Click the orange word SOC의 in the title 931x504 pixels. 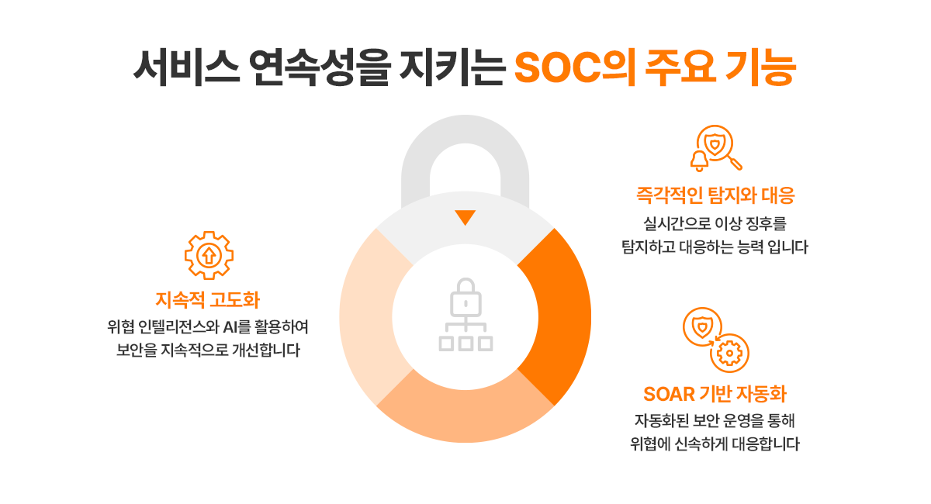pos(574,67)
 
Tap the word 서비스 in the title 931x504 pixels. pos(186,67)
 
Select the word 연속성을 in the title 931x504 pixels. pos(321,67)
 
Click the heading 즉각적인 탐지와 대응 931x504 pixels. pos(715,195)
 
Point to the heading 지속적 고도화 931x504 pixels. pos(207,299)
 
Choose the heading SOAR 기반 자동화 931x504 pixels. pos(715,394)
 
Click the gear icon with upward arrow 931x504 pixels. pos(209,255)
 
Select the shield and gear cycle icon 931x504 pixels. pos(715,340)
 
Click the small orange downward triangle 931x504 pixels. pos(465,217)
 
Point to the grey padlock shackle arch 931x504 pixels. pos(465,129)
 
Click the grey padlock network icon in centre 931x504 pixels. pos(465,315)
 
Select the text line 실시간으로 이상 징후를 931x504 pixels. pos(715,223)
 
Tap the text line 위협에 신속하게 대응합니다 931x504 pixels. pos(715,444)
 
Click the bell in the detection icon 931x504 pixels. pos(700,161)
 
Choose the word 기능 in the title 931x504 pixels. pos(760,67)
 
